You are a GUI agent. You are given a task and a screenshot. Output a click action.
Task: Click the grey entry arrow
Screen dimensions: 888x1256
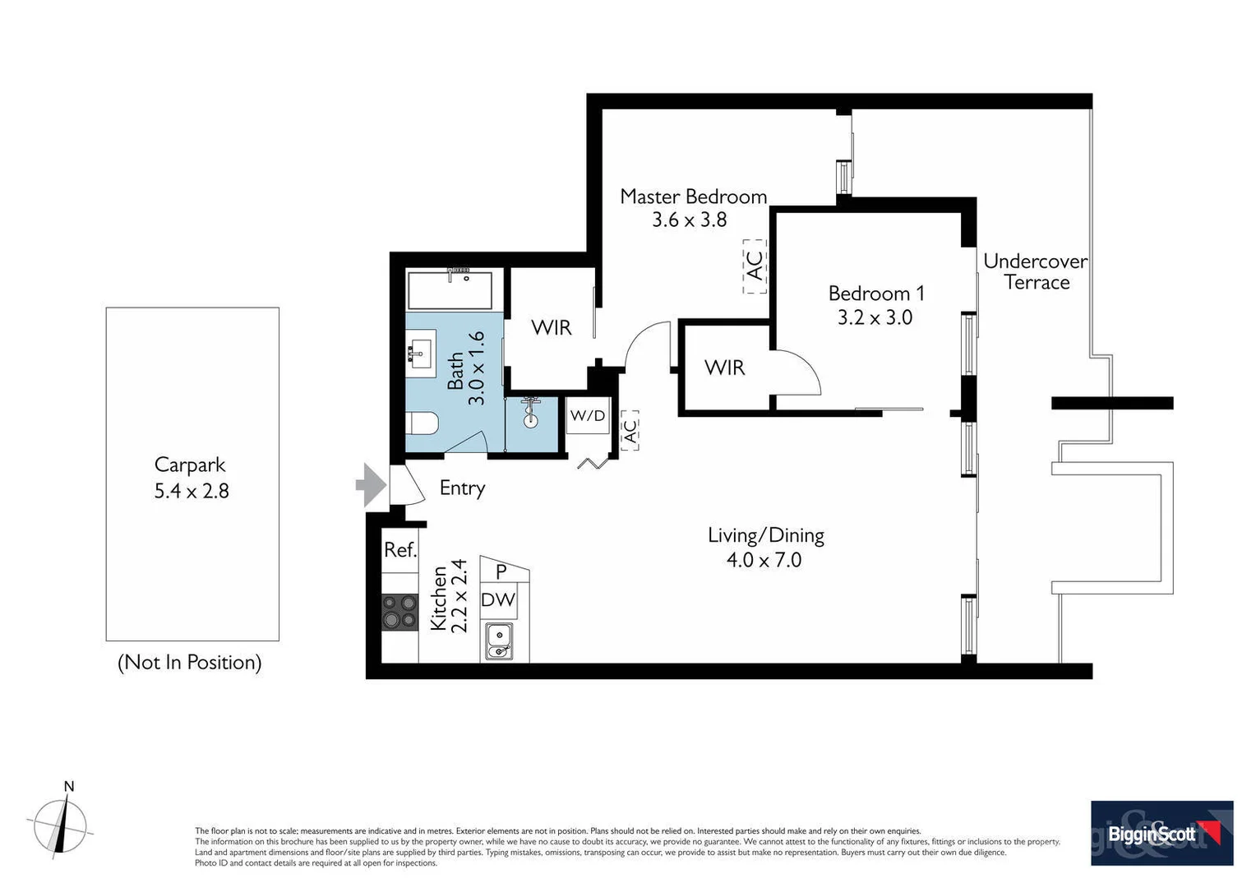point(372,485)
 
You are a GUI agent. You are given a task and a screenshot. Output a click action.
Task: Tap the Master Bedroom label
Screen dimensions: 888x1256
point(693,197)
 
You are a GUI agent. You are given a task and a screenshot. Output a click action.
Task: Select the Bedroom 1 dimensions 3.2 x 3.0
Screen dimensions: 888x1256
point(875,317)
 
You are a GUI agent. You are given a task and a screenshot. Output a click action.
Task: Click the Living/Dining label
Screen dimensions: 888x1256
point(765,535)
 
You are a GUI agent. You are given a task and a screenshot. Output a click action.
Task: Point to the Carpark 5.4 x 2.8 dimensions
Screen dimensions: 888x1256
point(192,491)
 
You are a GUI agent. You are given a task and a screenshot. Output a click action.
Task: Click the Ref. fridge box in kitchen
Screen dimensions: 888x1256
point(400,549)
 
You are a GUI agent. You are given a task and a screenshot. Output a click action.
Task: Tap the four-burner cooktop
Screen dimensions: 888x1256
point(400,612)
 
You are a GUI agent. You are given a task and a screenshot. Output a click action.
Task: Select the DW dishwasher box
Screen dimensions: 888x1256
point(498,599)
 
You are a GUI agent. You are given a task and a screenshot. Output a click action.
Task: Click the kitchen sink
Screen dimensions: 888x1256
point(499,641)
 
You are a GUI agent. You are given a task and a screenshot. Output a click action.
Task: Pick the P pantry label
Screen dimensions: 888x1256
point(501,571)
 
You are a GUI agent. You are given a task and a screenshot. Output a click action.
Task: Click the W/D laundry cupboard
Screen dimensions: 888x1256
point(588,416)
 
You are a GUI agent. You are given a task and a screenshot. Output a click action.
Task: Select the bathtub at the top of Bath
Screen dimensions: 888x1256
point(450,289)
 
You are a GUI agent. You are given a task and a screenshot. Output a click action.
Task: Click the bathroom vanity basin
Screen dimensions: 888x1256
point(421,354)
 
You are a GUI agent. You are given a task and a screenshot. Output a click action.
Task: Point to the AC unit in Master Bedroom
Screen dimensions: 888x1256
point(755,266)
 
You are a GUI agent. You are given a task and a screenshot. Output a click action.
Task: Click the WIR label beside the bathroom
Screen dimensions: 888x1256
point(551,327)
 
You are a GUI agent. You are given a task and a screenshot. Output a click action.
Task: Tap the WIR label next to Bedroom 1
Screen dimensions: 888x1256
point(724,368)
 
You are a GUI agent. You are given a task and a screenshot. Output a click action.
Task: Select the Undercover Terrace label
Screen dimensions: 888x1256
point(1035,271)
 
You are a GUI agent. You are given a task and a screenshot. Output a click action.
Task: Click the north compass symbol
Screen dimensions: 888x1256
point(60,824)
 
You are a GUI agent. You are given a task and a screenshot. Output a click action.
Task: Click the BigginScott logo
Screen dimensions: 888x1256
point(1161,833)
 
